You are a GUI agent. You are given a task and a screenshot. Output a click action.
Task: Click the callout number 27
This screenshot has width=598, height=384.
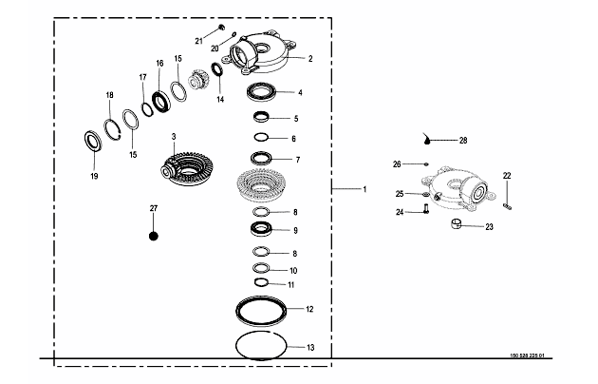(x=154, y=207)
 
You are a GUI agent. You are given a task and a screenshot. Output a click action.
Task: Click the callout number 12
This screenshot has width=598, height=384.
(x=309, y=309)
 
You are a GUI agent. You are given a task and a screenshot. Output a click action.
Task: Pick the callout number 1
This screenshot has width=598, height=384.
(x=364, y=190)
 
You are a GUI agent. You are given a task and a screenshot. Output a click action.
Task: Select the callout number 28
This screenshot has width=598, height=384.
(x=463, y=141)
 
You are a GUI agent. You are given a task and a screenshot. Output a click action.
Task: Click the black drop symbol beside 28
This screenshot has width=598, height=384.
(x=431, y=140)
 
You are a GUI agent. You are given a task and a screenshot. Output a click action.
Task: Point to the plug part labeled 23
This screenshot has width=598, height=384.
(x=457, y=225)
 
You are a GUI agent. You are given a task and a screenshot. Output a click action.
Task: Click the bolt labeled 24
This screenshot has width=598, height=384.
(x=427, y=210)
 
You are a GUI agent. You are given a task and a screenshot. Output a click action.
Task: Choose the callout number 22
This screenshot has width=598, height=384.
(x=507, y=175)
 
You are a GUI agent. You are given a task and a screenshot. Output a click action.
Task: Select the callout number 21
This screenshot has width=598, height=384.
(x=199, y=41)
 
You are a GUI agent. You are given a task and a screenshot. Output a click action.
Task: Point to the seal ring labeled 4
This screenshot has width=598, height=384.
(x=261, y=93)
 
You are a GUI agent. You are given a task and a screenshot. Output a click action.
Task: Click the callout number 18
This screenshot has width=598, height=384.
(x=109, y=95)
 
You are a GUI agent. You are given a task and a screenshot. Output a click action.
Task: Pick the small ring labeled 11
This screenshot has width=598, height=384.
(x=261, y=282)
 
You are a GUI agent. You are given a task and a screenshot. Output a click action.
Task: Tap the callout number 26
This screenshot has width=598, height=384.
(x=398, y=163)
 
